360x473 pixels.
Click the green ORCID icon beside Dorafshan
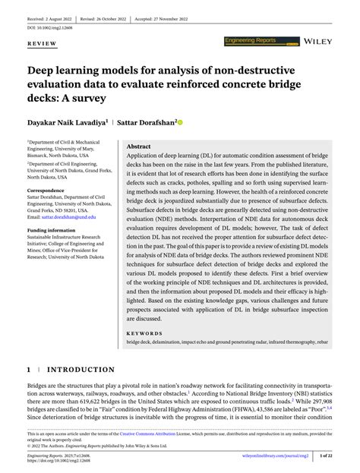pyautogui.click(x=181, y=121)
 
